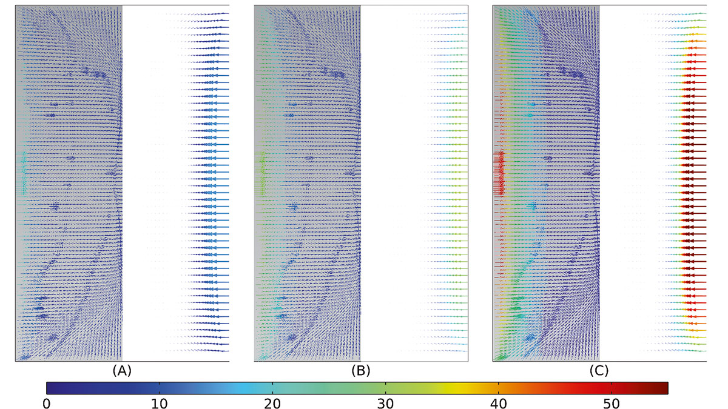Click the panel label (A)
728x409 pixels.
pyautogui.click(x=122, y=370)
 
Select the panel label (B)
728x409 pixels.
pyautogui.click(x=360, y=370)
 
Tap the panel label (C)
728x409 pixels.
pyautogui.click(x=599, y=370)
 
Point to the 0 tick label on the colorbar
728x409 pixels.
pyautogui.click(x=47, y=402)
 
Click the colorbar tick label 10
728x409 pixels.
pyautogui.click(x=159, y=402)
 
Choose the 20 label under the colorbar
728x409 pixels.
pyautogui.click(x=272, y=402)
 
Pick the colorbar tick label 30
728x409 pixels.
pyautogui.click(x=385, y=402)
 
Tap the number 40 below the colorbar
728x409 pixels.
pyautogui.click(x=499, y=402)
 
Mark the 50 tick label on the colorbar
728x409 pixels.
pyautogui.click(x=612, y=402)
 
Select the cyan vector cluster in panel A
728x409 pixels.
pyautogui.click(x=24, y=173)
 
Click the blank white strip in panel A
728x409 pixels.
pyautogui.click(x=143, y=182)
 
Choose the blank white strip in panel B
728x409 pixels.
pyautogui.click(x=382, y=182)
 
